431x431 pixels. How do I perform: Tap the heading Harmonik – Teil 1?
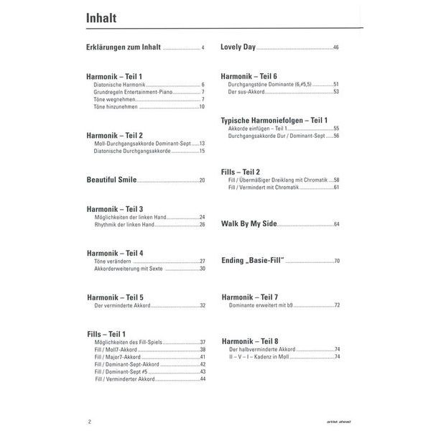point(115,76)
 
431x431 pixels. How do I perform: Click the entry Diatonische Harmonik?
point(119,85)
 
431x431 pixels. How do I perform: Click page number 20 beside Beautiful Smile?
point(202,180)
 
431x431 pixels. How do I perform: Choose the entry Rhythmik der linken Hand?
point(124,225)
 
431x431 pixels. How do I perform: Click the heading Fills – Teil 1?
point(106,334)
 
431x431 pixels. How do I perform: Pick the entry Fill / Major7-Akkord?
point(121,357)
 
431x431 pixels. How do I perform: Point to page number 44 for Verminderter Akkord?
point(203,379)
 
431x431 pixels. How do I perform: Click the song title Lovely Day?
point(238,47)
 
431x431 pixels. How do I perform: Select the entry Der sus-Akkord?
point(244,92)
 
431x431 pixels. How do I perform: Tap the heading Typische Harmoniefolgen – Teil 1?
point(274,120)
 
